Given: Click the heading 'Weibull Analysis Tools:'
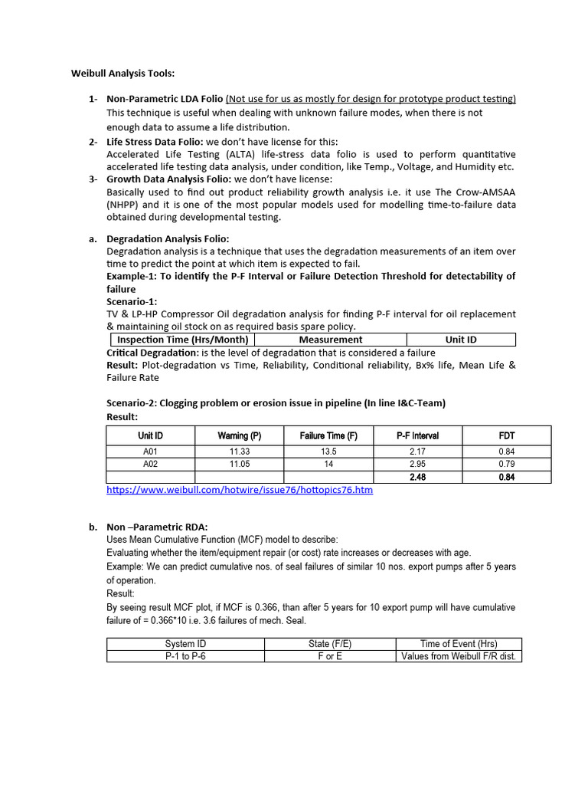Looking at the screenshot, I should coord(122,74).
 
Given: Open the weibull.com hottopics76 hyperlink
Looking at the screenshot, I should coord(240,489).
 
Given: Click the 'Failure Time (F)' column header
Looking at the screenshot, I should coord(328,435).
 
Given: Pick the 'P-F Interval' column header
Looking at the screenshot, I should coord(417,435).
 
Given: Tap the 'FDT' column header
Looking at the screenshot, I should coord(506,435).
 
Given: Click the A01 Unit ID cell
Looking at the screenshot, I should coord(150,452).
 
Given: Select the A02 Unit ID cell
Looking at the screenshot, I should coord(150,464).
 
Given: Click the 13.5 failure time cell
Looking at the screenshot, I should coord(328,452).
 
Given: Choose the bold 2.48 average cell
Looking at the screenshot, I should coord(417,477).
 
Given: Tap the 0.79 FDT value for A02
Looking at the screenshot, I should coord(506,464).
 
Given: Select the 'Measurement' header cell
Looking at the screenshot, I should coord(331,340).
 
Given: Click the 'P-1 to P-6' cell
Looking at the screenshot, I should coord(185,656).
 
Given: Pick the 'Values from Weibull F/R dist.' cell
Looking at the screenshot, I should coord(459,656).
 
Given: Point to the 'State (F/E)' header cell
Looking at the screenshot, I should coord(329,644).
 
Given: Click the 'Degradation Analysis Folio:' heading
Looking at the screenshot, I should coord(168,239).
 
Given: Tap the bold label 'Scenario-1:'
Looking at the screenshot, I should coord(132,302).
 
